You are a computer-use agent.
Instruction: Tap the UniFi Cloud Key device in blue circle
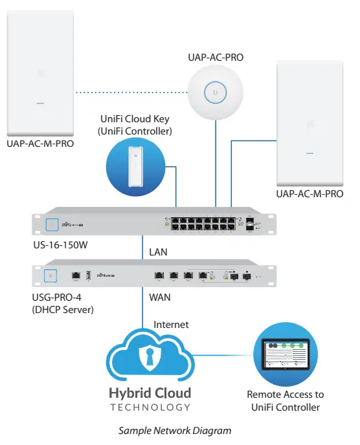coord(134,167)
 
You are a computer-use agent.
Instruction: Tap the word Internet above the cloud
coord(171,325)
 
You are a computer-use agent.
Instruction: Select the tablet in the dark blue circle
coord(285,353)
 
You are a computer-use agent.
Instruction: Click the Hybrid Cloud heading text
coord(150,393)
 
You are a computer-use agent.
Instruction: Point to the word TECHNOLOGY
coord(150,407)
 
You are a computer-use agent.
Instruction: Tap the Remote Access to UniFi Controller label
coord(285,401)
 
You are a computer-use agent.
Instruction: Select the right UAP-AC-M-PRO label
coord(309,193)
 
